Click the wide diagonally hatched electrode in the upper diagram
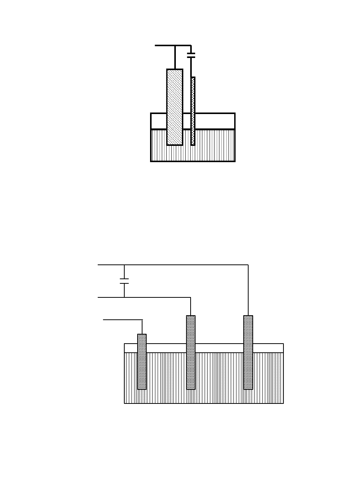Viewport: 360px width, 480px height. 175,107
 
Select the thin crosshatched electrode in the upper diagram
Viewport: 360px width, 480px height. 193,111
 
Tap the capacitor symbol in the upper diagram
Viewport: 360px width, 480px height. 191,55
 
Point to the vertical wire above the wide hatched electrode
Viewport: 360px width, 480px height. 175,57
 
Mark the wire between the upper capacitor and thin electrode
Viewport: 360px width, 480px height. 191,67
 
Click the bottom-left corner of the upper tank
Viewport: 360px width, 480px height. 151,161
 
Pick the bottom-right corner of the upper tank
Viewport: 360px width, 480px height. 235,161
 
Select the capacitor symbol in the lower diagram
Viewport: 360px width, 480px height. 124,281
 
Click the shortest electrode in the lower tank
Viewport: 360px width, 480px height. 142,361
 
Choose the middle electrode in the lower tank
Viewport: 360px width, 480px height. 191,352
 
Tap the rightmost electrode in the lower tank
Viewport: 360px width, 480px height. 248,352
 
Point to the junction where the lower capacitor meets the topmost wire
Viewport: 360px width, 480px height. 124,265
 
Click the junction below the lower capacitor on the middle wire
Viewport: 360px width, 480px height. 124,297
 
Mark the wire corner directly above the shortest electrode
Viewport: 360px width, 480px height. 142,320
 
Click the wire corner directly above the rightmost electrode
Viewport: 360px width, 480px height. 248,265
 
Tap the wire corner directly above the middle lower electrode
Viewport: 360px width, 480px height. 191,297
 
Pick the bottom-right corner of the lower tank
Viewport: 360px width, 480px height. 283,403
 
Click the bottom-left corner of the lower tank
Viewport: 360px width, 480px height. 125,403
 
